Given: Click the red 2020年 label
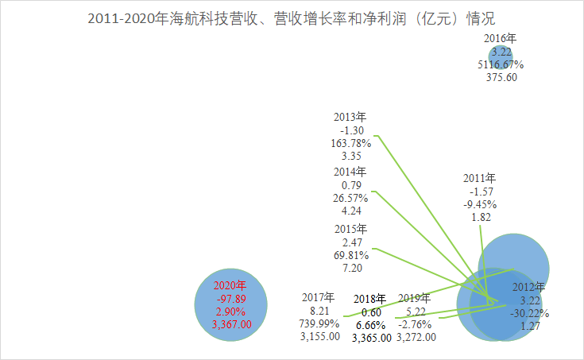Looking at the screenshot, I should (x=230, y=285).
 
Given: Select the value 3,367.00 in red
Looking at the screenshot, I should (x=231, y=324).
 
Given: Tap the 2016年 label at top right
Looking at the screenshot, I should (x=501, y=38).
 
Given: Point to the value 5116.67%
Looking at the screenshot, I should (x=501, y=64).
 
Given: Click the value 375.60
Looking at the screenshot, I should (x=501, y=77).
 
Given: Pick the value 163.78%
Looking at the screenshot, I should (x=350, y=144).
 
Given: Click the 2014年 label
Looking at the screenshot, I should (x=350, y=172).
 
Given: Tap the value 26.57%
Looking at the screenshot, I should (x=350, y=198).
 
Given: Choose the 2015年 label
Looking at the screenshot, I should (x=350, y=230).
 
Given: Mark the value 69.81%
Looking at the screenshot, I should (x=350, y=256).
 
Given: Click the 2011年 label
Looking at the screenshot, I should (x=481, y=178).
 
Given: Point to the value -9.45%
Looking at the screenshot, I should (x=481, y=204).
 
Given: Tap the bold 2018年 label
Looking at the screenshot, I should (x=369, y=299).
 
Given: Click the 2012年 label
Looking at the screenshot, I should (x=528, y=287).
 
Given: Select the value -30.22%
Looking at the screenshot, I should (x=528, y=312).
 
